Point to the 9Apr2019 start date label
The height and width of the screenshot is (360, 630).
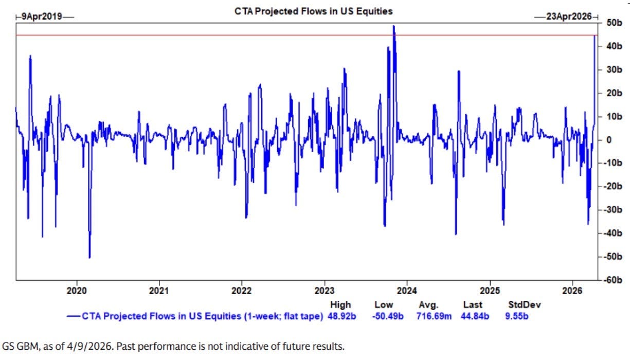tap(41, 16)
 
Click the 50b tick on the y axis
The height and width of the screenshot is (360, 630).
tap(613, 23)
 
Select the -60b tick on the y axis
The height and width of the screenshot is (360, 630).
tap(611, 280)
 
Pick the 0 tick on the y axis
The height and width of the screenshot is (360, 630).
tap(609, 140)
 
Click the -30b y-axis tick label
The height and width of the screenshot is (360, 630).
tap(611, 210)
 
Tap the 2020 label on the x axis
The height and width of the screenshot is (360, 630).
tap(77, 290)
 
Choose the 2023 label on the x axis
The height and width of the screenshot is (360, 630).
tap(325, 290)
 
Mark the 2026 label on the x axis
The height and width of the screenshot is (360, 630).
tap(573, 290)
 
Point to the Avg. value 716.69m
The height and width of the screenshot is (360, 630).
tap(434, 316)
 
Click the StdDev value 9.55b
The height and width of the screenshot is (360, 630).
tap(517, 316)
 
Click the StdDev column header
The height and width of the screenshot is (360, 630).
tap(521, 305)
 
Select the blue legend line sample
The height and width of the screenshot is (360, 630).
tap(74, 316)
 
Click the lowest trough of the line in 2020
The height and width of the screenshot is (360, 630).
tap(89, 257)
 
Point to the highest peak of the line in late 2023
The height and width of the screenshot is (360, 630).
tap(394, 26)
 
